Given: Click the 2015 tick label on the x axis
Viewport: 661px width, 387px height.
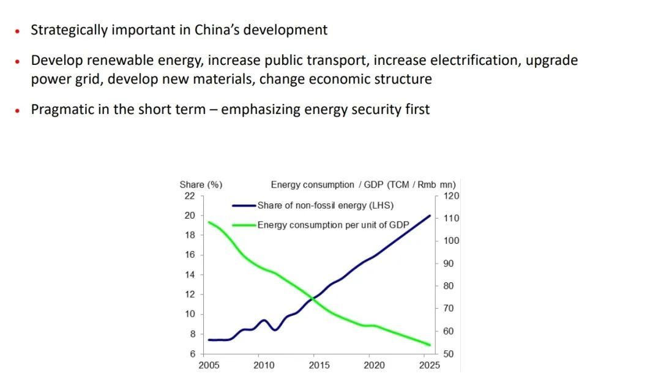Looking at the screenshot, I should [319, 366].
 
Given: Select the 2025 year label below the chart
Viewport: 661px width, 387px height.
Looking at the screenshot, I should [430, 366].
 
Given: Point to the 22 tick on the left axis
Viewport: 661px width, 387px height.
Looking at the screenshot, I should [189, 196].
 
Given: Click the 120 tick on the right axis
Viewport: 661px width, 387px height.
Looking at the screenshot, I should [452, 196].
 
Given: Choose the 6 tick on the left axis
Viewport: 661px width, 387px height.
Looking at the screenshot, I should [192, 354].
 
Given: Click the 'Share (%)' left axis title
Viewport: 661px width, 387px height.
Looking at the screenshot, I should [201, 184].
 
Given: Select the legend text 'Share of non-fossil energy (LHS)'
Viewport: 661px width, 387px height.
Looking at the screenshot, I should [325, 205].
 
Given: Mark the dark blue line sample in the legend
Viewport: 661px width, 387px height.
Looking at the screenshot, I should [244, 206].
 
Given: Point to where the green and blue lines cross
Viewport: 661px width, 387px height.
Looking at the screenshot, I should [313, 298].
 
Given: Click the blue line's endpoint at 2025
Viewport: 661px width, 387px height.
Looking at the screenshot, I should [430, 216].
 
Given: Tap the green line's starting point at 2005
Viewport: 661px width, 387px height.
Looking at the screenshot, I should [209, 222].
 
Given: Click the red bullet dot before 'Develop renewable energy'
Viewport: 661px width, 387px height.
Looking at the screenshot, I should [18, 61].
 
